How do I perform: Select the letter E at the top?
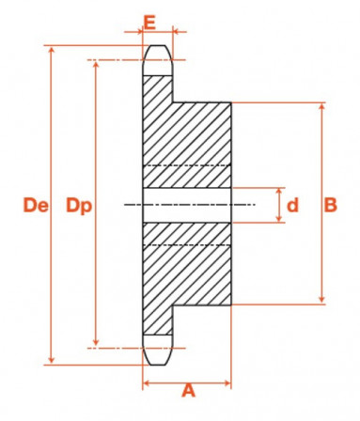(149, 20)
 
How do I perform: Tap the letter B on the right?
(331, 204)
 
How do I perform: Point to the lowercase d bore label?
(292, 204)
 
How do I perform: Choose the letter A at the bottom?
(187, 389)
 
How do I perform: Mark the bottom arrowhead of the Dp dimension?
(96, 344)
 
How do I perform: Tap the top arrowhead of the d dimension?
(280, 190)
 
